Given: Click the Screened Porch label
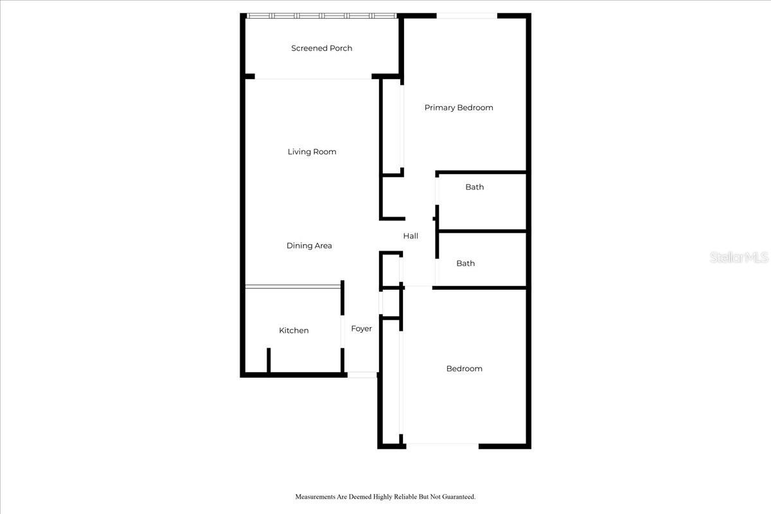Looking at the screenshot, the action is pos(321,48).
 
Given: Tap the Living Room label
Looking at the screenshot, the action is pos(312,152).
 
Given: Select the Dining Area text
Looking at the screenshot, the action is pos(309,245).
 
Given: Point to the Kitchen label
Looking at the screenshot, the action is pos(294,330).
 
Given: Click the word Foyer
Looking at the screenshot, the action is pos(361,329).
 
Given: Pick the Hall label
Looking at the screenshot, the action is pos(411,236).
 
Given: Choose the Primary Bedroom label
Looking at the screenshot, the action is pos(459,108).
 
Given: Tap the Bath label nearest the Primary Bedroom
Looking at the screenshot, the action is pos(474,187).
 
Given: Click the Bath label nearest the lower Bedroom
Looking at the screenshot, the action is pos(465,263).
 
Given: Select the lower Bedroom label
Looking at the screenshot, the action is pos(464,369).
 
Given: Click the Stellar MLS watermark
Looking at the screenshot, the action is pos(739,258).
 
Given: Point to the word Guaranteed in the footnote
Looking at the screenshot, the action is pos(459,497).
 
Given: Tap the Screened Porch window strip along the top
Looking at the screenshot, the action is pos(322,16).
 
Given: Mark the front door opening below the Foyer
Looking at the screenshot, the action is pos(362,375).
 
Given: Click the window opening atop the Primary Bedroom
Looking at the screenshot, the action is pos(466,16).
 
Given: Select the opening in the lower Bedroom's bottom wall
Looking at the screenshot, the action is pos(442,447).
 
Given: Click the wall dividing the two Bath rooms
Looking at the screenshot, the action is pos(483,231).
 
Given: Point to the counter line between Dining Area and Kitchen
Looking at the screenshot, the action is pos(293,287).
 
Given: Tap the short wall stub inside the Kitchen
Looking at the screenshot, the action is pos(269,360).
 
